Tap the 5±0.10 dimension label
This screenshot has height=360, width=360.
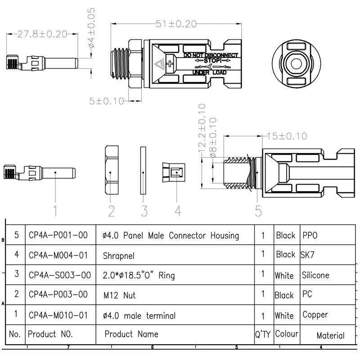tap(106, 101)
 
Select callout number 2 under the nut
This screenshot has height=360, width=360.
tap(111, 210)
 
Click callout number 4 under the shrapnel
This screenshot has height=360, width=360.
tap(177, 210)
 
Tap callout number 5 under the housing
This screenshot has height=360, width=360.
tap(257, 210)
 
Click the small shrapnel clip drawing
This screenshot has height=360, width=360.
tap(172, 172)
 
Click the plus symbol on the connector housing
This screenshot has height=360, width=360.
tap(170, 64)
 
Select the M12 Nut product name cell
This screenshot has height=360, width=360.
tap(119, 296)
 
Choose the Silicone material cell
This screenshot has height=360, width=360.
tap(315, 275)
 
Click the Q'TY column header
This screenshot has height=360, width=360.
tap(262, 334)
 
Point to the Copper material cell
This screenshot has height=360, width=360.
tap(315, 315)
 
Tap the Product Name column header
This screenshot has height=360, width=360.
tap(131, 334)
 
